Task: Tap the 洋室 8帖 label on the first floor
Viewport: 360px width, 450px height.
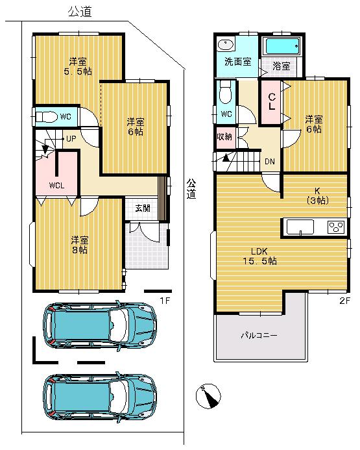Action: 80,244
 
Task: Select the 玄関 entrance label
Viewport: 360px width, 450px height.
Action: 143,208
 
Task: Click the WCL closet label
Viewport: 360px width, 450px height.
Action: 58,184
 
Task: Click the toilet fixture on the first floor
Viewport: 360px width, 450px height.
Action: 48,117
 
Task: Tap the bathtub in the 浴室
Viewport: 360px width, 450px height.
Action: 282,46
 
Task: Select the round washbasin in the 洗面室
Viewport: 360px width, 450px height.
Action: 225,45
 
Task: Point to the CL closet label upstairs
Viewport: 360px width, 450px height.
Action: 272,102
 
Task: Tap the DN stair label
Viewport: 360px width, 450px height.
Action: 269,162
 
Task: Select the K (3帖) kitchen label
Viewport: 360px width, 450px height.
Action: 317,195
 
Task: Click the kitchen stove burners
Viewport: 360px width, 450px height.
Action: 336,227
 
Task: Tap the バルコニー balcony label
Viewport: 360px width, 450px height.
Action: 259,336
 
